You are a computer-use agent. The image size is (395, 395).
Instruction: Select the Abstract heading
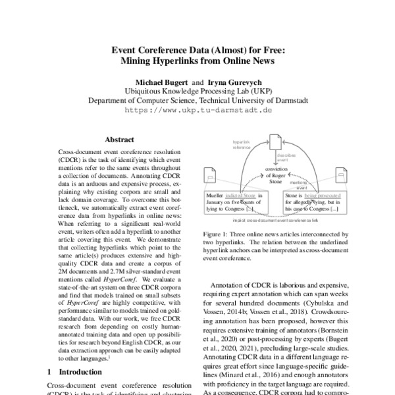[119, 140]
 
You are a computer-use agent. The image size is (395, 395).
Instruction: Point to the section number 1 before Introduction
[50, 372]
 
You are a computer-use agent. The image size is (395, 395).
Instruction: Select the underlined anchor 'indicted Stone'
[241, 196]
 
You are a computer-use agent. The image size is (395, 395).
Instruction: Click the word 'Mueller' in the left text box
[215, 196]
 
